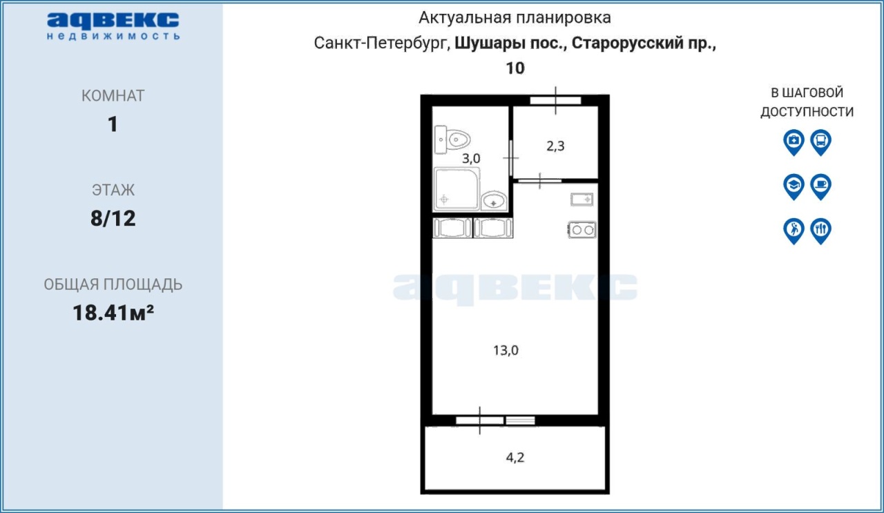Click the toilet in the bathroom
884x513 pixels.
point(452,139)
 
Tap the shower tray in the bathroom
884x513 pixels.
point(457,188)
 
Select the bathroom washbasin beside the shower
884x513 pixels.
point(494,200)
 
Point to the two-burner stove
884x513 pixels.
point(582,230)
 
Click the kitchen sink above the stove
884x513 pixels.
point(582,200)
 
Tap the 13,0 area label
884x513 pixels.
point(506,350)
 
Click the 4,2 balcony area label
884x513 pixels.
point(515,457)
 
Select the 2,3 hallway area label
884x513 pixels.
point(555,146)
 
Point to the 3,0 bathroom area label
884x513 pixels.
point(471,159)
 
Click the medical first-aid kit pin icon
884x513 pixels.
point(794,142)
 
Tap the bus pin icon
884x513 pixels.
point(821,142)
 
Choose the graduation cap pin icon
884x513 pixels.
point(794,186)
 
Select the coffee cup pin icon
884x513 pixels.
point(821,186)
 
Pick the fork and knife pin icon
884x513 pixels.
point(821,231)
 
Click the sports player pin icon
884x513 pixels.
point(794,231)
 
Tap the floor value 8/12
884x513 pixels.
point(113,219)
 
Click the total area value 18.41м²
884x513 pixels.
point(113,313)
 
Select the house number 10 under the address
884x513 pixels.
point(515,68)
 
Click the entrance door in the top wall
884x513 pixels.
point(555,100)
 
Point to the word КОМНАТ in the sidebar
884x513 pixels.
point(113,96)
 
